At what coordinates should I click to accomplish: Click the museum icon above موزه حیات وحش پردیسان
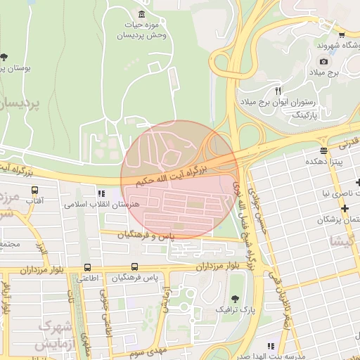(x=142, y=15)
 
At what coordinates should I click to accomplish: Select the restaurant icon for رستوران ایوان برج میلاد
(x=279, y=91)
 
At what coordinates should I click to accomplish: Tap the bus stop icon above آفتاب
(x=34, y=189)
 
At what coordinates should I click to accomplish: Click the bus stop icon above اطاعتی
(x=87, y=267)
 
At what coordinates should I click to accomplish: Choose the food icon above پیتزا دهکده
(x=323, y=150)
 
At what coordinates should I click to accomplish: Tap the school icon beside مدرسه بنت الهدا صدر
(x=271, y=346)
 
